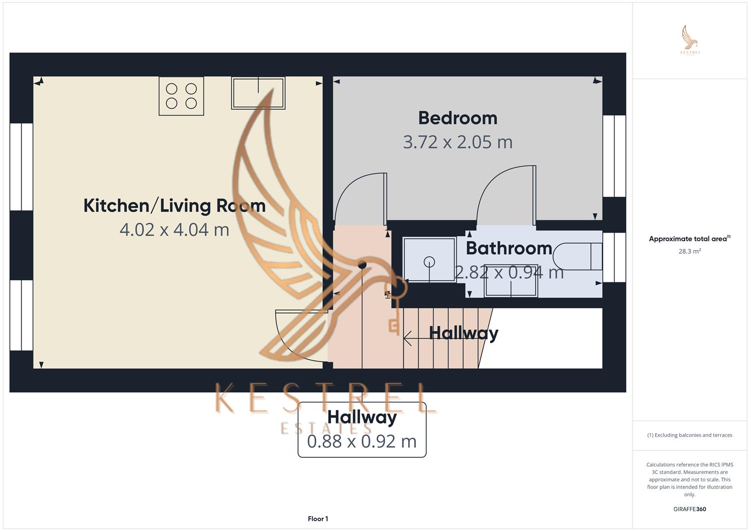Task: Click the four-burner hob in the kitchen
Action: point(181,96)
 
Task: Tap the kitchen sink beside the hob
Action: point(258,93)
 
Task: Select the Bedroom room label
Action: point(458,118)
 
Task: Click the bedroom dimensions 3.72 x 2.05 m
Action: point(458,142)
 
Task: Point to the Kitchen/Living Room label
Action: point(174,206)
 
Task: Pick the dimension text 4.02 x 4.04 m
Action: point(174,230)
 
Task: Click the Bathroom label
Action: point(509,248)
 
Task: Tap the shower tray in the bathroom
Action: point(429,260)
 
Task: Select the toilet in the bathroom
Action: point(578,257)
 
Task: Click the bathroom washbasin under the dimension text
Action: point(511,281)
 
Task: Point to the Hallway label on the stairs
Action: point(464,333)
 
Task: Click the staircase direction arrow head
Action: point(407,338)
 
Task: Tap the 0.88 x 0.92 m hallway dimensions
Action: point(362,442)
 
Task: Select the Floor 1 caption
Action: point(318,519)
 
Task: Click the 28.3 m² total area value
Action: point(690,251)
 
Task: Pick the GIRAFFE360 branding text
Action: point(690,509)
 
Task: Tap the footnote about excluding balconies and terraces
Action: point(690,435)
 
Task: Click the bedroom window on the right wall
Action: point(614,156)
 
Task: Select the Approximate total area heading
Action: point(690,238)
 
